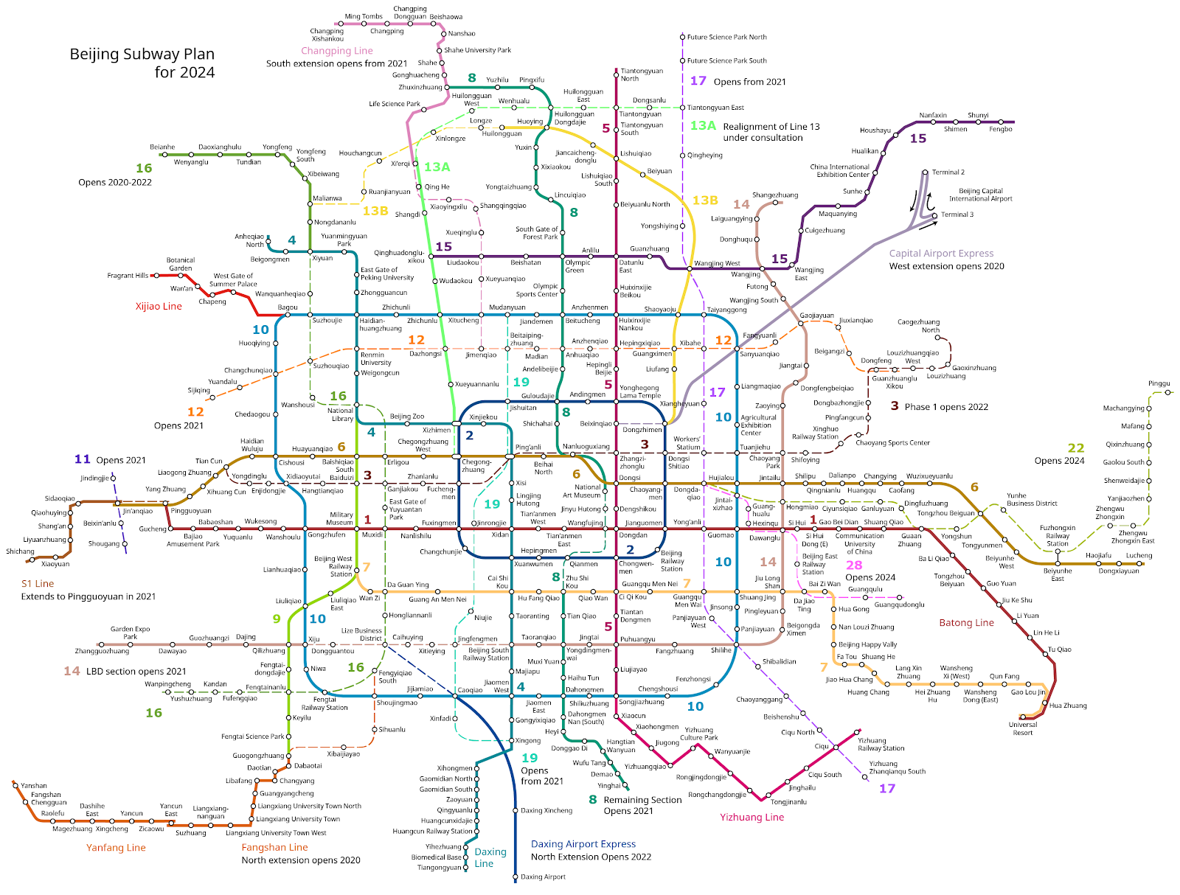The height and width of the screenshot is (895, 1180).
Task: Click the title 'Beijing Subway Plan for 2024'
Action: pos(142,63)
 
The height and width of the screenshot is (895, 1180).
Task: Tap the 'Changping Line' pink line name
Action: pos(337,51)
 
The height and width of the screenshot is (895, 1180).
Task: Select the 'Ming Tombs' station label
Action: pos(364,16)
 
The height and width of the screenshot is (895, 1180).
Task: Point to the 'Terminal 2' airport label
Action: pos(948,172)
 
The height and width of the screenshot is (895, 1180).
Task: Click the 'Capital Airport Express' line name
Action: pos(941,253)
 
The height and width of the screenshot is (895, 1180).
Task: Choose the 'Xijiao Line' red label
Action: pos(159,306)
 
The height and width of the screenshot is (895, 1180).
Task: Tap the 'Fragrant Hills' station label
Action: pos(128,276)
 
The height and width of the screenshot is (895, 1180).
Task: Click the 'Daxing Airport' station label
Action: pos(543,877)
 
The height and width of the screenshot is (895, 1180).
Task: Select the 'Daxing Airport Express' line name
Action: pos(583,844)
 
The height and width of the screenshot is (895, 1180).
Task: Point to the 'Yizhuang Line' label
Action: pos(752,817)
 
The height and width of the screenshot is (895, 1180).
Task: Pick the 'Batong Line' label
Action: pos(966,623)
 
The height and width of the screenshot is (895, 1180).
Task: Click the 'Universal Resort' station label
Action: pos(1023,728)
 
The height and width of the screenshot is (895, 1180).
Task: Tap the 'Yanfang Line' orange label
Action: pos(116,848)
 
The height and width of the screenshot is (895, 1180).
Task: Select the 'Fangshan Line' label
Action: pos(275,847)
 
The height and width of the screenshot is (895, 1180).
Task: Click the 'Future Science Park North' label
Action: pos(726,37)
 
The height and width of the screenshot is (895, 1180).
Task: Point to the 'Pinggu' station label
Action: pos(1159,383)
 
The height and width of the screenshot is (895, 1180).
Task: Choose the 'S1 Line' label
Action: pos(38,583)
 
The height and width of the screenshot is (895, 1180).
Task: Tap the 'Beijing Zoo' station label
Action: pos(407,417)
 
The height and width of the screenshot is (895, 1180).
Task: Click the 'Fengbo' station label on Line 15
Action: pos(1001,129)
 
